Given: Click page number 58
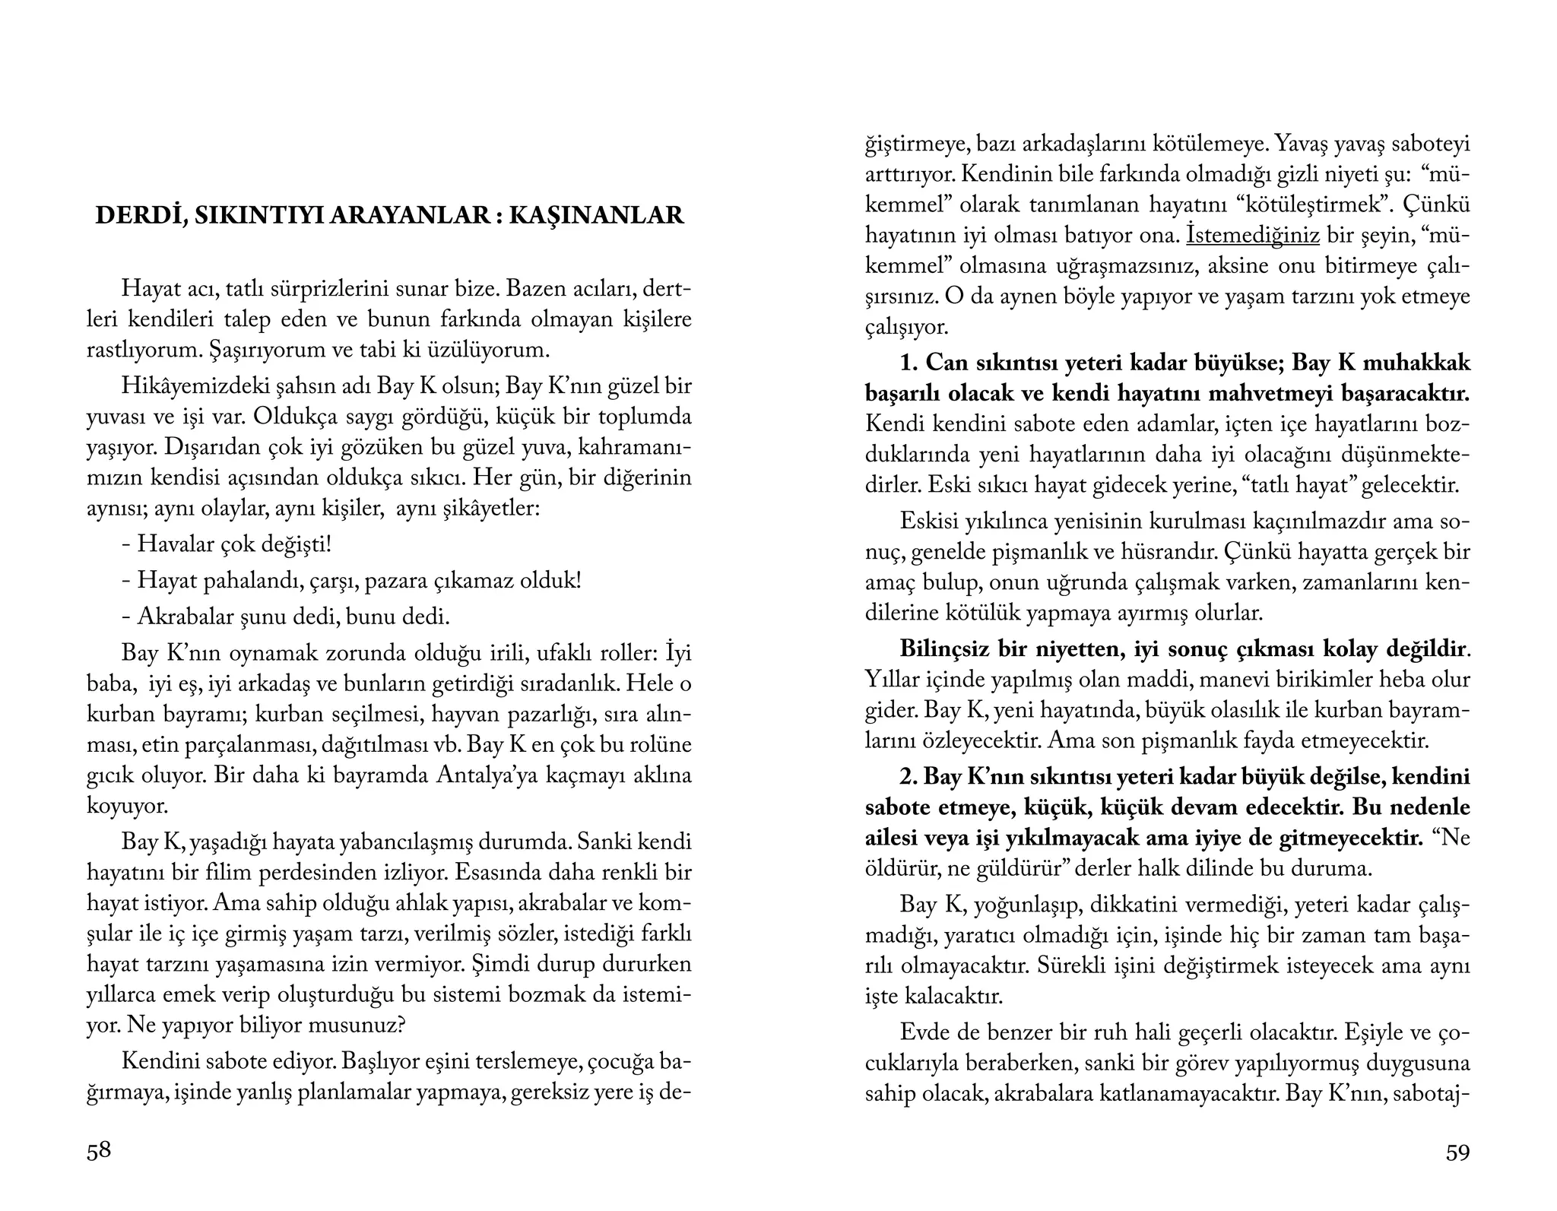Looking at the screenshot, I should (99, 1151).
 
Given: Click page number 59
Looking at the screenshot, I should (1457, 1152).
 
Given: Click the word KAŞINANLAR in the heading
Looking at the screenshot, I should (596, 216).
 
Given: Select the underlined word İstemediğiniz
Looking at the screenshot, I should (1252, 236).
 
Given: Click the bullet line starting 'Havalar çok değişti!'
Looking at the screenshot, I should (227, 544).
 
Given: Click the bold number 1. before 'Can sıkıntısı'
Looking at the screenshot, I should (909, 363).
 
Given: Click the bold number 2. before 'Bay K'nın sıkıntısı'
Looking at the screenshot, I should (909, 776).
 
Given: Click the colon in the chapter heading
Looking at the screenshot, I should (498, 217).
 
